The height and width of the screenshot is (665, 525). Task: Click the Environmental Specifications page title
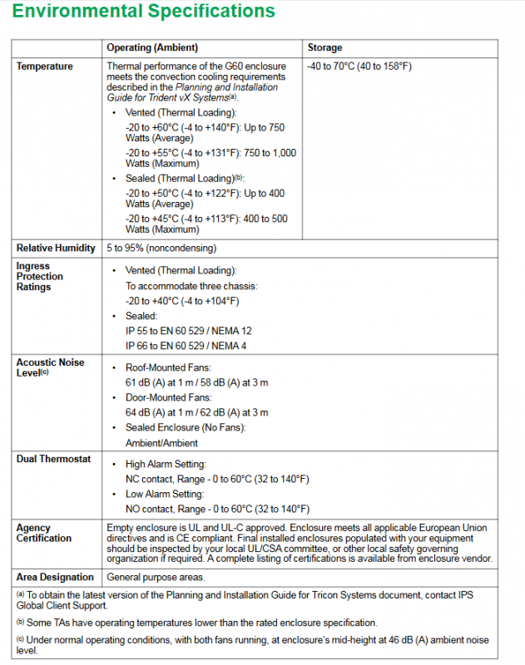[144, 12]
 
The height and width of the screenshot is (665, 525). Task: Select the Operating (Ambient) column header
[152, 48]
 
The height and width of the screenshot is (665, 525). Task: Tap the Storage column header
[324, 48]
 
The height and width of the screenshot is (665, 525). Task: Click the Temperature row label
[45, 66]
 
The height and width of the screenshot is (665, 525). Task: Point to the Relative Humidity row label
[56, 248]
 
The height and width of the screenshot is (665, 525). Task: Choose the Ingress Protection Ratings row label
[40, 276]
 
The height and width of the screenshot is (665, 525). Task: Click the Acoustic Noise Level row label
[50, 367]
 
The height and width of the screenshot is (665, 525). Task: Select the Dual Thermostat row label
[53, 459]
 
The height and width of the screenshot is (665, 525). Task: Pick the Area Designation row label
[55, 577]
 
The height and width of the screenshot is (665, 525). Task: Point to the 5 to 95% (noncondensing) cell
[161, 248]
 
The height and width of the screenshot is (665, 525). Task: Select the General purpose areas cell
[156, 577]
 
